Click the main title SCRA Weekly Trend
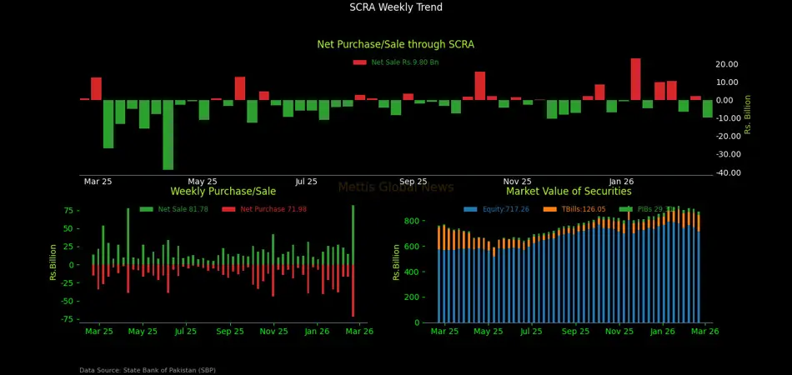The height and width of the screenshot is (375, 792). click(396, 7)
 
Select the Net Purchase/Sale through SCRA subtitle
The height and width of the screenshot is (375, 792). click(396, 44)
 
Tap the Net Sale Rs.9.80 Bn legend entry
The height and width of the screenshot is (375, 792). click(397, 62)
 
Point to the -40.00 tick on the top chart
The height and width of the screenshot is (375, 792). click(726, 172)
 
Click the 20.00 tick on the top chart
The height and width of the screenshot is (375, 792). click(726, 64)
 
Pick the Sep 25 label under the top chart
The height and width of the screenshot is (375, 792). click(413, 181)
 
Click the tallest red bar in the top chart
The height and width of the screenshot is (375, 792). click(635, 79)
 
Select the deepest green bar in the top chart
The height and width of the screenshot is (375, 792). click(168, 134)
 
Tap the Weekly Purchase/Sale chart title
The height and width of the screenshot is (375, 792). click(223, 192)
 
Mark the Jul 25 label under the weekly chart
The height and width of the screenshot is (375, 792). click(186, 332)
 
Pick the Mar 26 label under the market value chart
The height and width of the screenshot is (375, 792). click(705, 332)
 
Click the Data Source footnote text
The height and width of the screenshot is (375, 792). click(148, 370)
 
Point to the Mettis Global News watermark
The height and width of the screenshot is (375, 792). click(396, 187)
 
